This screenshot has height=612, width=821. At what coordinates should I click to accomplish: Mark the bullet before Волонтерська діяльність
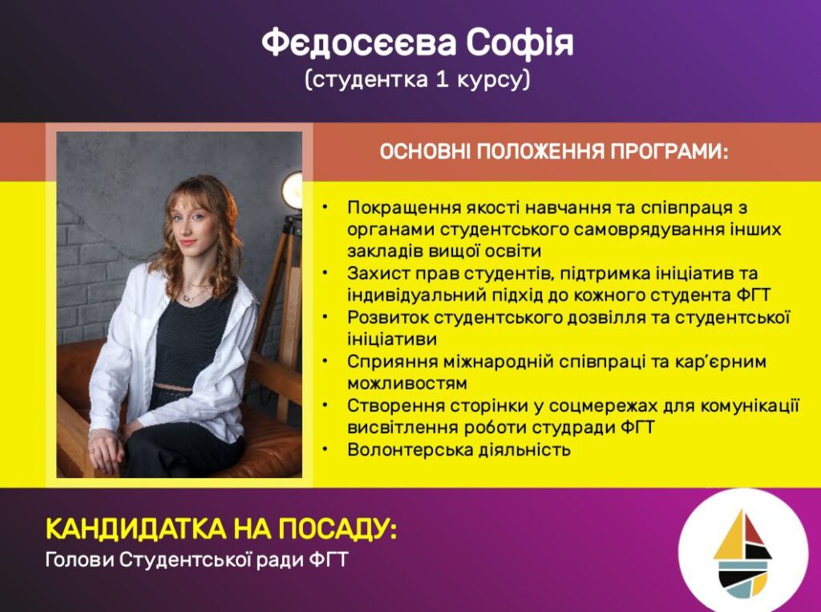click(326, 449)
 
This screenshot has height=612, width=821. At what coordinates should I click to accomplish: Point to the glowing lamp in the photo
click(293, 190)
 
